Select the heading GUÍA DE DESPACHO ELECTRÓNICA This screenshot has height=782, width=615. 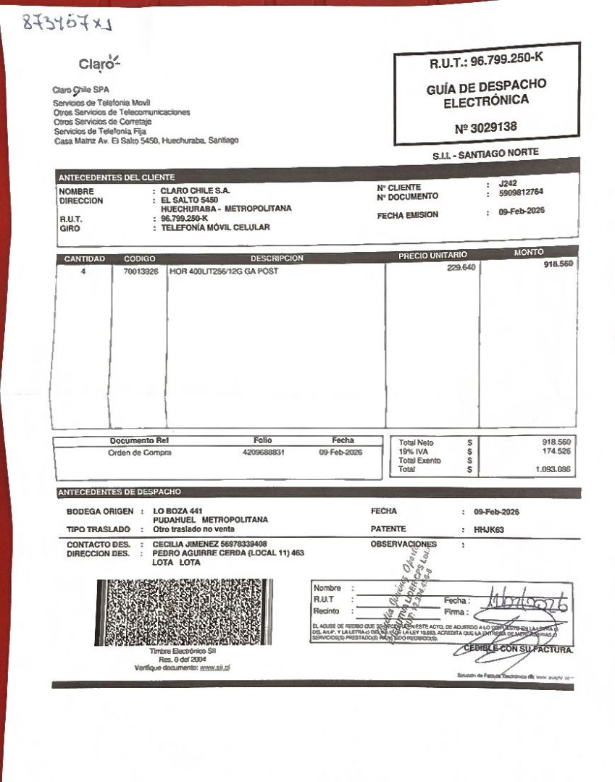[x=486, y=93]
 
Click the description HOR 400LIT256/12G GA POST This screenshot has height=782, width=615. [x=223, y=272]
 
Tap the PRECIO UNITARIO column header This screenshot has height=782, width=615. [x=432, y=255]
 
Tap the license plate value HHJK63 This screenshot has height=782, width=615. [x=489, y=529]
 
